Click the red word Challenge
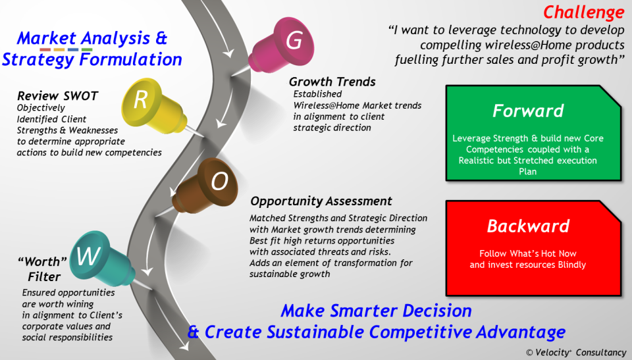click(584, 13)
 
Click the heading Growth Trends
click(332, 82)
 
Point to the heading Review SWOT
click(58, 96)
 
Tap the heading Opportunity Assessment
click(321, 201)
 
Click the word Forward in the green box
click(528, 111)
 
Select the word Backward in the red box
click(528, 226)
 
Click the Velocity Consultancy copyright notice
click(576, 352)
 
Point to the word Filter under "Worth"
click(44, 277)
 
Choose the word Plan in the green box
click(527, 172)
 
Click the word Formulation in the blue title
click(131, 59)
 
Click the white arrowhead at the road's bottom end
click(184, 346)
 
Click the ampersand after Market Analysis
click(161, 38)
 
